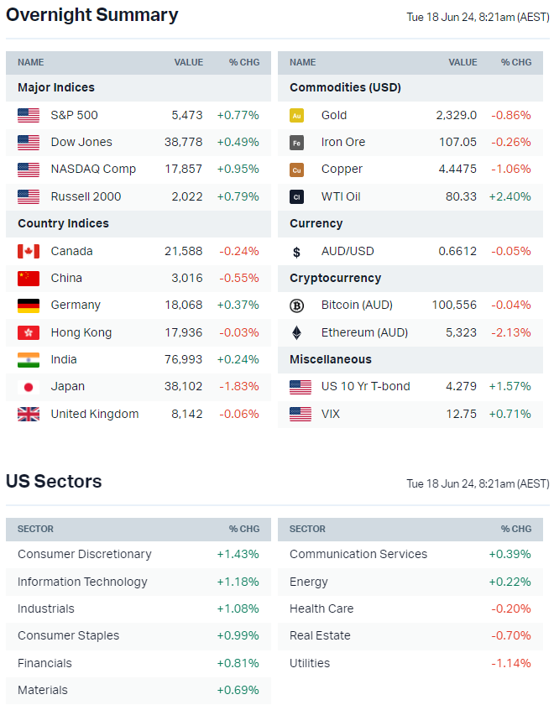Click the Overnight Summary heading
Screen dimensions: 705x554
(x=91, y=15)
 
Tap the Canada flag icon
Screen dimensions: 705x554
(x=29, y=251)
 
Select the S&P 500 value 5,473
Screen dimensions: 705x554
(x=186, y=115)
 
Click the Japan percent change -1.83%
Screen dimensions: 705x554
(x=239, y=387)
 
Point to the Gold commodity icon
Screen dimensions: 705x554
(x=296, y=116)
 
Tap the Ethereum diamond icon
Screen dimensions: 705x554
(x=296, y=332)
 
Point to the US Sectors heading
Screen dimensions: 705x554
(x=54, y=482)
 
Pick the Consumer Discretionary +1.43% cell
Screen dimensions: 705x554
(x=238, y=554)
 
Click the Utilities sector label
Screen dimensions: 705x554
(x=310, y=663)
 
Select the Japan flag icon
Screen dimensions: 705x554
(x=29, y=387)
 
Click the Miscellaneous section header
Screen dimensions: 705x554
(x=331, y=359)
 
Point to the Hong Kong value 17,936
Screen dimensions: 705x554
(x=184, y=332)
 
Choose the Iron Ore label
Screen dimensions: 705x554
(x=343, y=142)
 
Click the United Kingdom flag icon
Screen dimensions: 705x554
(x=29, y=414)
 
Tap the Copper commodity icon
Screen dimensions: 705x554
(x=296, y=170)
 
